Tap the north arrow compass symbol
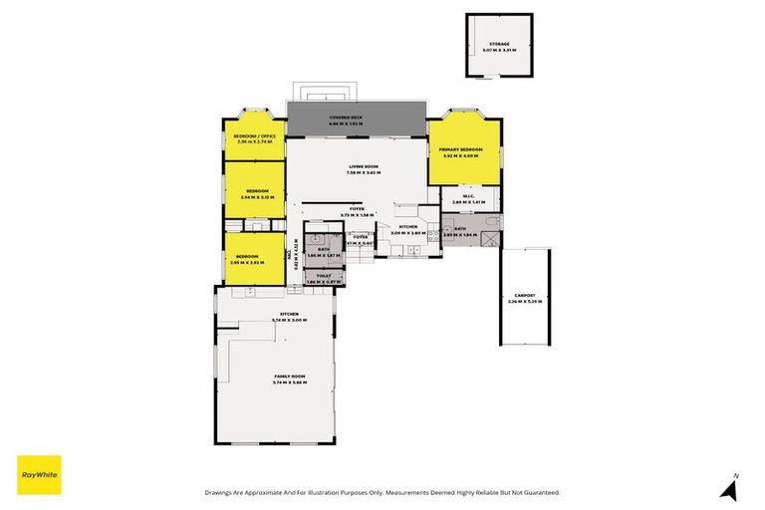tap(733, 488)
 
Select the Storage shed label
tap(498, 43)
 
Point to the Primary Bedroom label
tap(462, 150)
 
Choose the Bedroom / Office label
tap(254, 135)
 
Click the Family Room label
tap(290, 376)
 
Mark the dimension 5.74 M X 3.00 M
tap(289, 320)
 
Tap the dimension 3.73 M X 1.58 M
tap(356, 214)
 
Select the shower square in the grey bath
tap(489, 239)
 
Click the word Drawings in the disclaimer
tap(221, 492)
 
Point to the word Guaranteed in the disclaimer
tap(539, 492)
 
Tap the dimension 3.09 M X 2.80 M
tap(408, 233)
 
